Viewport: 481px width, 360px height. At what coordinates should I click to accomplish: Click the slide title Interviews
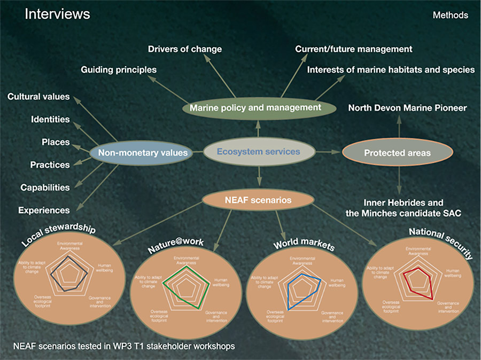click(58, 14)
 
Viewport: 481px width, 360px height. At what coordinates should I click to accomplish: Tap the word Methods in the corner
click(450, 15)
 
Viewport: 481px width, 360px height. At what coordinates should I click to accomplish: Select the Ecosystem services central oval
click(258, 152)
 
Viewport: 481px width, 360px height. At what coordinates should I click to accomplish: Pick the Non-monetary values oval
click(143, 153)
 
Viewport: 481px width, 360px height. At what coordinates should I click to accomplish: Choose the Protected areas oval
click(397, 153)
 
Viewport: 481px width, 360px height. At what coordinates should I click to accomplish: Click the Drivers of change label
click(184, 49)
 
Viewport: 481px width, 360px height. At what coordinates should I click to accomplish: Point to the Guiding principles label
click(118, 69)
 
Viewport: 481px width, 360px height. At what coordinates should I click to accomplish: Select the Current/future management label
click(353, 49)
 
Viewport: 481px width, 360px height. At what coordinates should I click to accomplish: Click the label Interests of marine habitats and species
click(390, 69)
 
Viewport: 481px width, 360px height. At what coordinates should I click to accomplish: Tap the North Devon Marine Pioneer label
click(407, 108)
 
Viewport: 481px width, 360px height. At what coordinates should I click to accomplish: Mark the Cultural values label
click(38, 97)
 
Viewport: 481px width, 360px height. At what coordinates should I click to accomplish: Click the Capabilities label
click(45, 187)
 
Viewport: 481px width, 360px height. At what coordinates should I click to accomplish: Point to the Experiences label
click(44, 210)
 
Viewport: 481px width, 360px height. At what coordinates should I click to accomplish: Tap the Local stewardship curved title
click(59, 234)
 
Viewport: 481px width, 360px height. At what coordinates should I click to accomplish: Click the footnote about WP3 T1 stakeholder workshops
click(124, 346)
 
